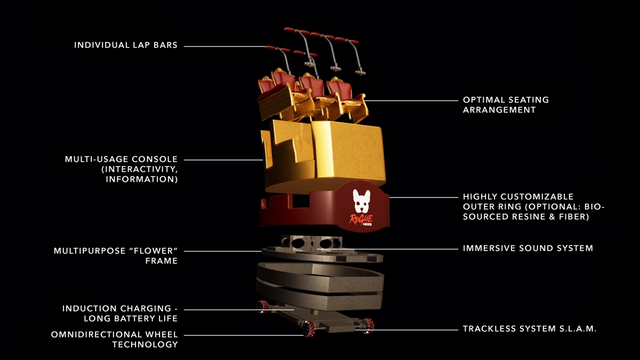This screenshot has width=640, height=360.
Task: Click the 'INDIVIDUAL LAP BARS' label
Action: [126, 45]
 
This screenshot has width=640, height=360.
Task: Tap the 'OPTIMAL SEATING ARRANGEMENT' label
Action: [506, 105]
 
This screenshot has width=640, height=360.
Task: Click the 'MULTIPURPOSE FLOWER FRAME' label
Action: [116, 255]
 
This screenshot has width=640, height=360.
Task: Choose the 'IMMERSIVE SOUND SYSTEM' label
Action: [528, 248]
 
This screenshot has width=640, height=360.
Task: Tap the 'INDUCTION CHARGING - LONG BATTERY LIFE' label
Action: [120, 314]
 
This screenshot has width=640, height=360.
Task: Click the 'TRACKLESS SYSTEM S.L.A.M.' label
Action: [530, 329]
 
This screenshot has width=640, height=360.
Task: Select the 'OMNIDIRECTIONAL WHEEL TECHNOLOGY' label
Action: [115, 340]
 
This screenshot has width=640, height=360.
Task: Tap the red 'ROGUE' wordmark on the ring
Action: [361, 219]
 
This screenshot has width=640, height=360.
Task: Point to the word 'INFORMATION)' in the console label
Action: [142, 179]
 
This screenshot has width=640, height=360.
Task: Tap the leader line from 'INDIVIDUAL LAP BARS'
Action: [224, 46]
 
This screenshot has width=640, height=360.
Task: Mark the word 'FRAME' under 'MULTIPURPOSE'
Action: [162, 261]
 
